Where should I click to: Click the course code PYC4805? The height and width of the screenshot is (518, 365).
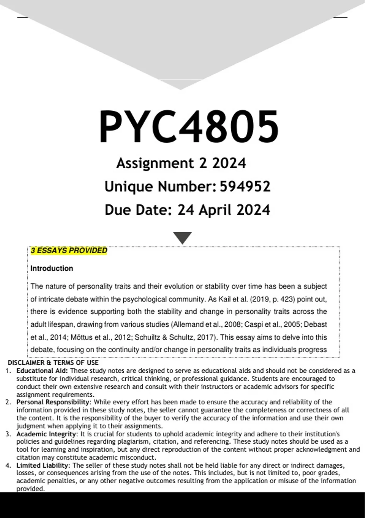[x=189, y=126]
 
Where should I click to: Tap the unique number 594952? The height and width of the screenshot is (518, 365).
[x=245, y=186]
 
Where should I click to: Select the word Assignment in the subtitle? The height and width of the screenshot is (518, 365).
[x=155, y=163]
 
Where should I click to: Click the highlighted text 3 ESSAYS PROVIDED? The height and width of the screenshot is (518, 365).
[x=69, y=250]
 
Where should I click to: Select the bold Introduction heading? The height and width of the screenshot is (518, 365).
[x=52, y=268]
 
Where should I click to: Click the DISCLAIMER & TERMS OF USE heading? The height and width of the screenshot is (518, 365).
[x=53, y=363]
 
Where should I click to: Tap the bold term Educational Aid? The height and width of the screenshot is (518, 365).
[x=42, y=371]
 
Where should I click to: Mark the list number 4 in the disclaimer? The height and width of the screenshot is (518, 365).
[x=8, y=465]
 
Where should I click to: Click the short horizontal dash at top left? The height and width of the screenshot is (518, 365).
[x=23, y=18]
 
